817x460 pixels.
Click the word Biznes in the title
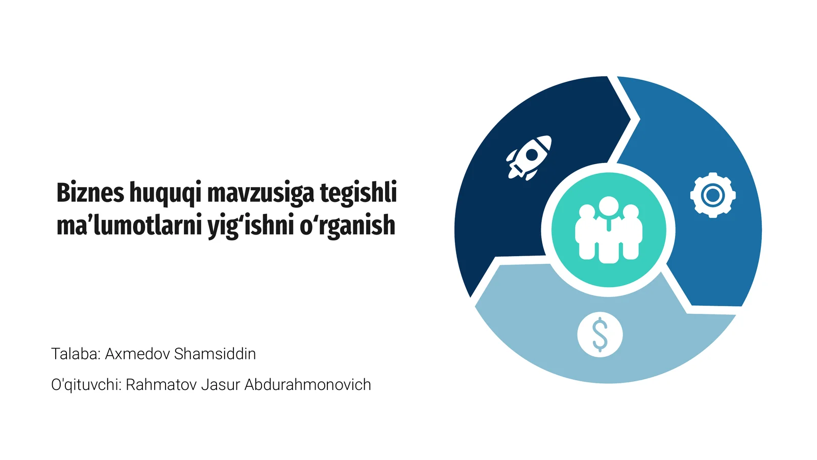pos(90,193)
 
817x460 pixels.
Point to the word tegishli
pos(358,193)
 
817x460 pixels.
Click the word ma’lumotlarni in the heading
pos(129,225)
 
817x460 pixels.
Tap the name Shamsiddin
pos(215,354)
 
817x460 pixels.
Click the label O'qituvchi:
pos(86,384)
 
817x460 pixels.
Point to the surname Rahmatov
pos(161,384)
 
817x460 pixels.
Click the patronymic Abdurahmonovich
pos(308,384)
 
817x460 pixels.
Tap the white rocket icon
pos(530,157)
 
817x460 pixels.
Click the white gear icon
pos(713,195)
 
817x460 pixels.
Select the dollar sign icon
pos(600,335)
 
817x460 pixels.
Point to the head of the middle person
pos(609,205)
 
